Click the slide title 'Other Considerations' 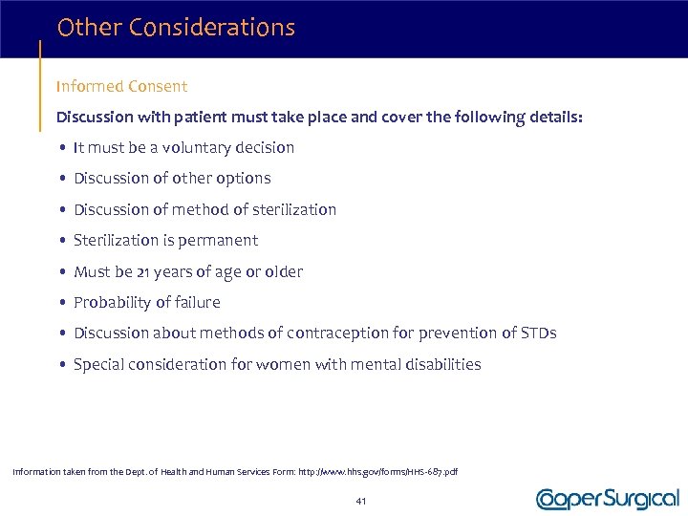click(176, 28)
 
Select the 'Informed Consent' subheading click(121, 86)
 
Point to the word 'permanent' click(221, 240)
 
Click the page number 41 click(360, 501)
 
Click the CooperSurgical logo click(608, 499)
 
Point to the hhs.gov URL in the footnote click(376, 472)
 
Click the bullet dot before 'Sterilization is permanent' click(61, 241)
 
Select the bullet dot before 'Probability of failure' click(61, 303)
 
